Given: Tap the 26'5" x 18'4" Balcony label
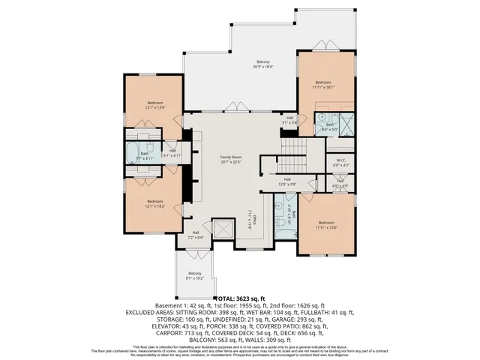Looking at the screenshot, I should point(262,64).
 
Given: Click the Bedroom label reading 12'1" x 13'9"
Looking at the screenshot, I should point(154,105).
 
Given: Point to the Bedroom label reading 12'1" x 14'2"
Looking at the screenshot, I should point(154,202).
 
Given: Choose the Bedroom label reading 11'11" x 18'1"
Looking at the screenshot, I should point(323,84).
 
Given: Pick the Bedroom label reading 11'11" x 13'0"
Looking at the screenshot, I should point(326,224).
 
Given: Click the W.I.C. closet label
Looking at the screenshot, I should point(340,161).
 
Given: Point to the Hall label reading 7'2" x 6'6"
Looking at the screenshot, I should point(195,235).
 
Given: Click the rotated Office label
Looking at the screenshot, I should point(254,217).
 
